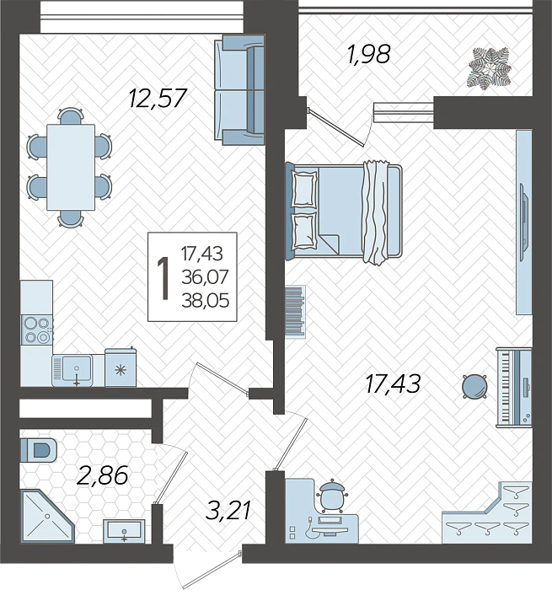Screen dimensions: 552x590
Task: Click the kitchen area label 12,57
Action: pos(158,98)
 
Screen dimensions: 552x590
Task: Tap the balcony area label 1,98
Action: pos(369,54)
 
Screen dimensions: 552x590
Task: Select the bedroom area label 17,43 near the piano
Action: pos(393,383)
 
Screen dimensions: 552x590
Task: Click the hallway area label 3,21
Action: pos(228,511)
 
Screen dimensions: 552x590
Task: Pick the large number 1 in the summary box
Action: pos(163,278)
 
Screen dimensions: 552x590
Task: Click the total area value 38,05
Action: pos(206,301)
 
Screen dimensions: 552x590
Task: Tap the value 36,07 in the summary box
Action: pos(205,277)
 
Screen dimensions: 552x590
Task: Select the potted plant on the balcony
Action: pos(490,68)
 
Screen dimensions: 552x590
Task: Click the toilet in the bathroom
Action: pos(39,449)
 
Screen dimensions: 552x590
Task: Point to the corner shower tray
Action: pos(47,516)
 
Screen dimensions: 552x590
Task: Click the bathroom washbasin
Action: pos(124,530)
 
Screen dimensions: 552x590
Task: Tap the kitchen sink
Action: pos(72,370)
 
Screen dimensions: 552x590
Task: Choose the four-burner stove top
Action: pos(37,330)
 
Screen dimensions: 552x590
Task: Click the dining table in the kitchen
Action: pos(70,168)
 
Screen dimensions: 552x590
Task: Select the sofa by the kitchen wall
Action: pos(239,90)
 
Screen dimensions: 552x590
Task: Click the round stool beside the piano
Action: pos(474,386)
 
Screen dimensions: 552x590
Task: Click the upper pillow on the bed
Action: pos(304,188)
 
